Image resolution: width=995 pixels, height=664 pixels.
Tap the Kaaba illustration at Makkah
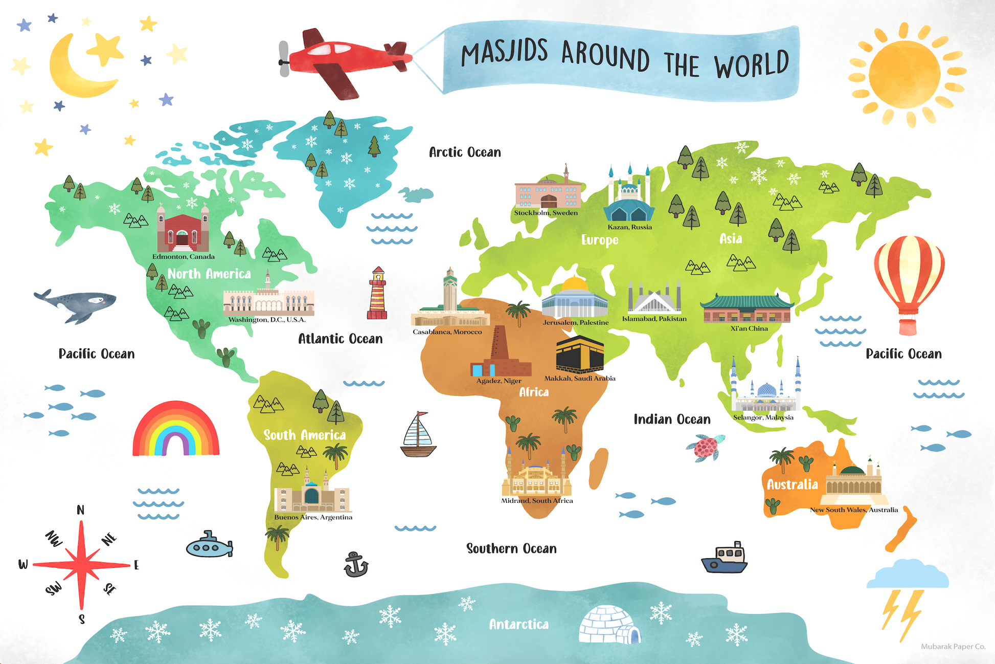580,355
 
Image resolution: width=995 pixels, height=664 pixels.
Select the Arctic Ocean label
465,152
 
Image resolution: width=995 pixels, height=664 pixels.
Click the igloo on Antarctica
608,625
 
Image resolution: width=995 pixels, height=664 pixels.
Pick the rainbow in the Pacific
175,430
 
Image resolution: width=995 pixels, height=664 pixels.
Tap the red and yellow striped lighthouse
377,294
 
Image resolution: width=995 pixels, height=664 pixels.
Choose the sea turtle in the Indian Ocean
706,447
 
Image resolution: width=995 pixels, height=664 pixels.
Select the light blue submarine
209,546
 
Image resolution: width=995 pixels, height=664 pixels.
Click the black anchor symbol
355,565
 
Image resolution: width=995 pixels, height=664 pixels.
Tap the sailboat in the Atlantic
418,435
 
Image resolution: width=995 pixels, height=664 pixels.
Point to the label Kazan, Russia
629,227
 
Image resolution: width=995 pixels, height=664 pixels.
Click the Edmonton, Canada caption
184,257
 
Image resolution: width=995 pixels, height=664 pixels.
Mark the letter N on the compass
80,510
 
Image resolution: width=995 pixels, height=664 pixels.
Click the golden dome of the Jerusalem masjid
575,283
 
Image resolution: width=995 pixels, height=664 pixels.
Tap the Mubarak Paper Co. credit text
953,647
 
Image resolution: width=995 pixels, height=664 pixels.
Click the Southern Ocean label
511,548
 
